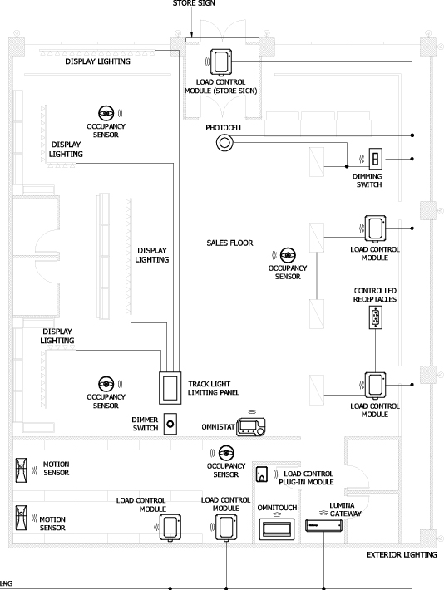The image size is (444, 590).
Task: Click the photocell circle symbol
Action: (x=224, y=143)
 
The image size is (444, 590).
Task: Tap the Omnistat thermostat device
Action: (x=251, y=427)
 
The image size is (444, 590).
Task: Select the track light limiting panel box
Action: (x=170, y=388)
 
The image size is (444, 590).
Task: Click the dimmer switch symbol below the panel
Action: (x=170, y=424)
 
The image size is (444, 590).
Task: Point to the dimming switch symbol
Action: (x=376, y=159)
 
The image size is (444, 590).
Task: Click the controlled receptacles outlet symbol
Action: (x=376, y=317)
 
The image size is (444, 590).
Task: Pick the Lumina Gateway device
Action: (x=324, y=525)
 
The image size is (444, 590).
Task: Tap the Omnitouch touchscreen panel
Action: (x=277, y=529)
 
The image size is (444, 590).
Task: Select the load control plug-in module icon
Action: (x=262, y=474)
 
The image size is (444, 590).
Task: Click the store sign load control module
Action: (x=220, y=61)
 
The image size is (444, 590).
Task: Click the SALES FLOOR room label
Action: (x=229, y=243)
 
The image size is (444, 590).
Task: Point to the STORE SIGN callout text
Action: (x=194, y=3)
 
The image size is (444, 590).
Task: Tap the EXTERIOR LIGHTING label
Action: (x=402, y=554)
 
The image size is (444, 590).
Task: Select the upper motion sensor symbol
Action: (x=21, y=470)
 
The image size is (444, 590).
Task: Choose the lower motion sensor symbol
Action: (x=21, y=518)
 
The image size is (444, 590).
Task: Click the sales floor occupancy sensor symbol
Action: (x=288, y=255)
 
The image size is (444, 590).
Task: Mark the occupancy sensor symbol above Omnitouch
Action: (x=226, y=453)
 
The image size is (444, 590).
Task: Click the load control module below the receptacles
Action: (x=375, y=386)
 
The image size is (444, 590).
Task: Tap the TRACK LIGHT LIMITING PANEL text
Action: (x=214, y=388)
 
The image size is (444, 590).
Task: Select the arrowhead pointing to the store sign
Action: (x=191, y=35)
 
